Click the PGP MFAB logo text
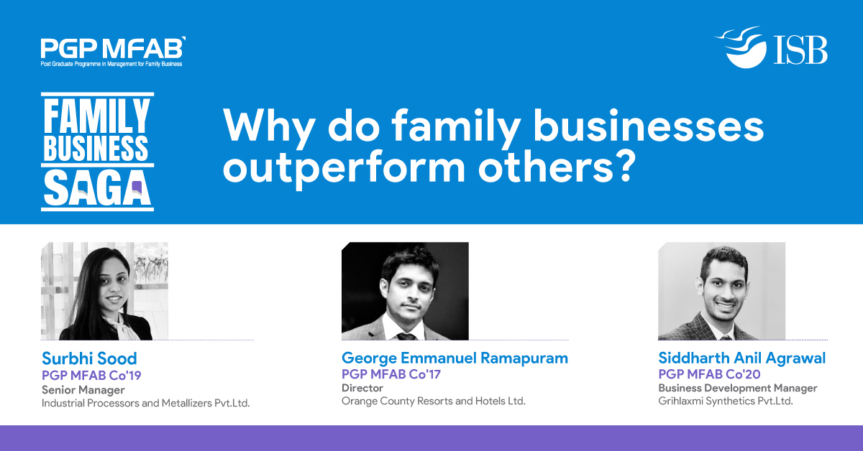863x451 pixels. tap(113, 48)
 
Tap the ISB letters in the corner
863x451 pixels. tap(800, 50)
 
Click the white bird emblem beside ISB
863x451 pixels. tap(741, 47)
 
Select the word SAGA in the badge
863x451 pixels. tap(97, 189)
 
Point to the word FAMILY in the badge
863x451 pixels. tap(96, 116)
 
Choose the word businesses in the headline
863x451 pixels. tap(649, 125)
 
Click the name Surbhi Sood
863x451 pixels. tap(89, 358)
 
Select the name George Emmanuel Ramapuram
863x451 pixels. tap(455, 358)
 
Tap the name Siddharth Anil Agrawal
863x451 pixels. tap(741, 358)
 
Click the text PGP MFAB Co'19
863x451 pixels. tap(91, 375)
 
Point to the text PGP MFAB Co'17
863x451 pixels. tap(391, 374)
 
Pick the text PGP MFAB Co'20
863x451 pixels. tap(709, 374)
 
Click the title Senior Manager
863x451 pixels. tap(83, 390)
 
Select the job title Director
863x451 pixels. tap(362, 388)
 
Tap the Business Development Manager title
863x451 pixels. tap(738, 389)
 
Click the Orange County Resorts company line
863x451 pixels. tap(434, 401)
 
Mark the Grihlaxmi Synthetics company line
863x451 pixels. tap(726, 401)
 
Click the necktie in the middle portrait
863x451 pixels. tap(406, 336)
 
